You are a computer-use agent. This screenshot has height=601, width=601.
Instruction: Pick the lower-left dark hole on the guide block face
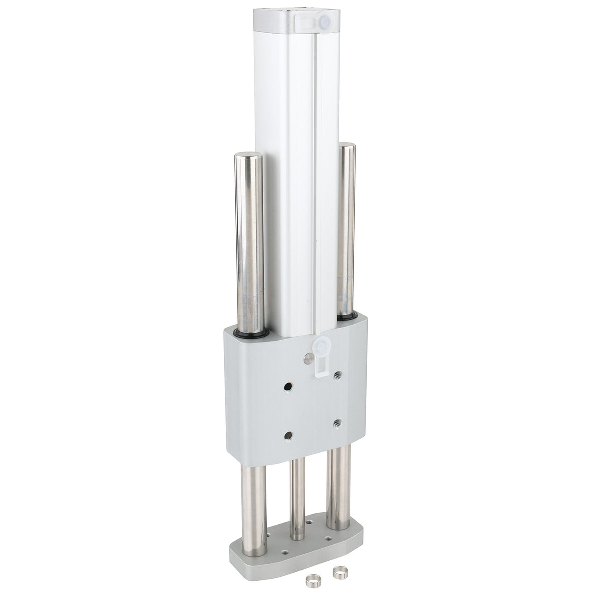coord(288,435)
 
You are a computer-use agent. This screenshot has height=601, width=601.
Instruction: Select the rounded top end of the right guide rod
coord(346,146)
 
